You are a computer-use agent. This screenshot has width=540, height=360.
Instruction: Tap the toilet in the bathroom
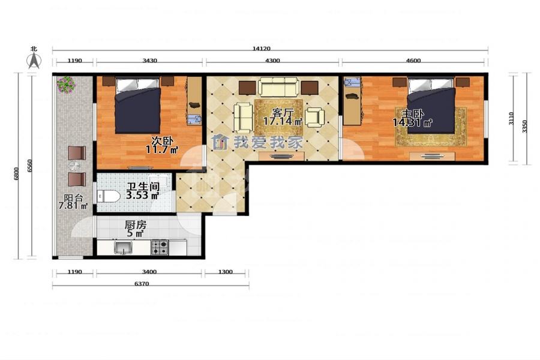(x=109, y=197)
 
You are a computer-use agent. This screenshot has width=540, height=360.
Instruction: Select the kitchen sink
(x=123, y=248)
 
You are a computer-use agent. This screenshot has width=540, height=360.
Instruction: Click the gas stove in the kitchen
(x=160, y=247)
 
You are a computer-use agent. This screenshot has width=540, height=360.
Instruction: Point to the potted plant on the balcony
(x=66, y=85)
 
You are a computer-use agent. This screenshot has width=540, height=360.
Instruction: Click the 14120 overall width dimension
(x=262, y=49)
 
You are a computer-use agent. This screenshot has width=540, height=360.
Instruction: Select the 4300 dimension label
(x=272, y=61)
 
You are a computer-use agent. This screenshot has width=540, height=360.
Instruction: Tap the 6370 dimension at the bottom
(x=142, y=284)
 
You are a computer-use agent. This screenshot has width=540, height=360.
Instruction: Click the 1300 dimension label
(x=226, y=272)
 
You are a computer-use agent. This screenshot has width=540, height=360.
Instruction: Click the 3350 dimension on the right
(x=524, y=126)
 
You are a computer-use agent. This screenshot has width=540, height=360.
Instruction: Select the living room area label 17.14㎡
(x=283, y=121)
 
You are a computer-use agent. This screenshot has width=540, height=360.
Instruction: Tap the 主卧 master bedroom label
(x=413, y=114)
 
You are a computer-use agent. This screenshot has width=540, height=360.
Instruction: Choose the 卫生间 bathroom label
(x=143, y=187)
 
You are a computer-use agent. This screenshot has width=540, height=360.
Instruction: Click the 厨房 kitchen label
(x=136, y=226)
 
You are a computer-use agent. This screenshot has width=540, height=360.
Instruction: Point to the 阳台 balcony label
(x=74, y=199)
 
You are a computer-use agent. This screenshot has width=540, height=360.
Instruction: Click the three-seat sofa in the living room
(x=278, y=87)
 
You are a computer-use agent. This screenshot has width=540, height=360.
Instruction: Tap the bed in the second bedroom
(x=138, y=105)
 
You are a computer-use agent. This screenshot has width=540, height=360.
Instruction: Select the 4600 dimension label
(x=413, y=61)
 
